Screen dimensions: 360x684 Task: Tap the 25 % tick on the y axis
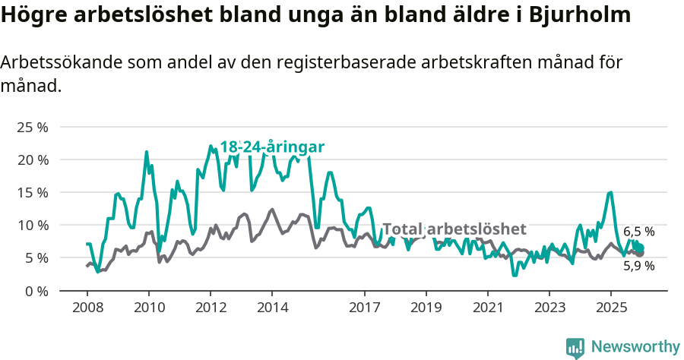[x=33, y=127]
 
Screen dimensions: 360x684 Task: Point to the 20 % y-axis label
[x=33, y=159]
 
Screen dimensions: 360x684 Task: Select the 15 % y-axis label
[x=33, y=192]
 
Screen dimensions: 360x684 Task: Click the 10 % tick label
[x=33, y=225]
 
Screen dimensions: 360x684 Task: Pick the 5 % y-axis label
[x=36, y=257]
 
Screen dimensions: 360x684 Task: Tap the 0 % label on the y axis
[x=36, y=290]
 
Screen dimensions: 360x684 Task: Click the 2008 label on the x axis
[x=87, y=308]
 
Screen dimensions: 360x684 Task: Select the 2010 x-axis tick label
[x=148, y=308]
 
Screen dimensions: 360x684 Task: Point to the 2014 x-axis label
[x=272, y=308]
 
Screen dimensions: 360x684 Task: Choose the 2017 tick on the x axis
[x=364, y=308]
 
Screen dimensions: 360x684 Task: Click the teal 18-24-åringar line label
[x=272, y=147]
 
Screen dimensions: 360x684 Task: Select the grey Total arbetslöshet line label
[x=454, y=229]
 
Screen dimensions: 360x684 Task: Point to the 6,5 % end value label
[x=638, y=232]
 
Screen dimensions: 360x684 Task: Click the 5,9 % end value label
[x=638, y=266]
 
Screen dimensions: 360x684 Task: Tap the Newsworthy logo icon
[x=575, y=348]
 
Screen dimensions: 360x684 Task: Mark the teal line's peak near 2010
[x=147, y=152]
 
